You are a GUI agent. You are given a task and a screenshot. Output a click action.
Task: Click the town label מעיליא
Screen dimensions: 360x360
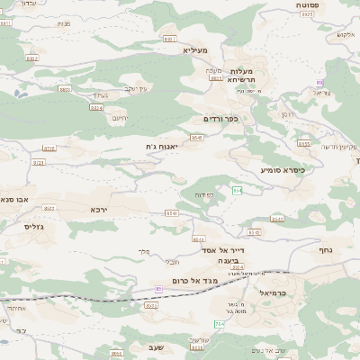click(x=195, y=49)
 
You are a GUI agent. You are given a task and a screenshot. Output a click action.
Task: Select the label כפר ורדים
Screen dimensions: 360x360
click(x=220, y=118)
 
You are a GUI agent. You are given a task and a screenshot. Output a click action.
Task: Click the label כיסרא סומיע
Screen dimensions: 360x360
click(x=283, y=168)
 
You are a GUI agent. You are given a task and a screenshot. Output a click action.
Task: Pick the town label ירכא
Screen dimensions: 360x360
click(x=99, y=209)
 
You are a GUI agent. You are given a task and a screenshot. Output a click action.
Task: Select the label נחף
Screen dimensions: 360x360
click(x=325, y=249)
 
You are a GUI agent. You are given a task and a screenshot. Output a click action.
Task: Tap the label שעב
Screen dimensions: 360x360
click(x=152, y=346)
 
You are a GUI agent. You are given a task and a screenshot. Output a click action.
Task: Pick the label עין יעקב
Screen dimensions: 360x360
click(x=136, y=88)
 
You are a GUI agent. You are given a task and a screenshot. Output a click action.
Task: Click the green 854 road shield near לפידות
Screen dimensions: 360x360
click(x=237, y=190)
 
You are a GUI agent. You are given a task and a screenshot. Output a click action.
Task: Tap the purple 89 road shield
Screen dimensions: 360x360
click(x=319, y=83)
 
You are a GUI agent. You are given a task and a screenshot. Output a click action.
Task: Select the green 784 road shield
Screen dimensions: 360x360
click(x=219, y=323)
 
